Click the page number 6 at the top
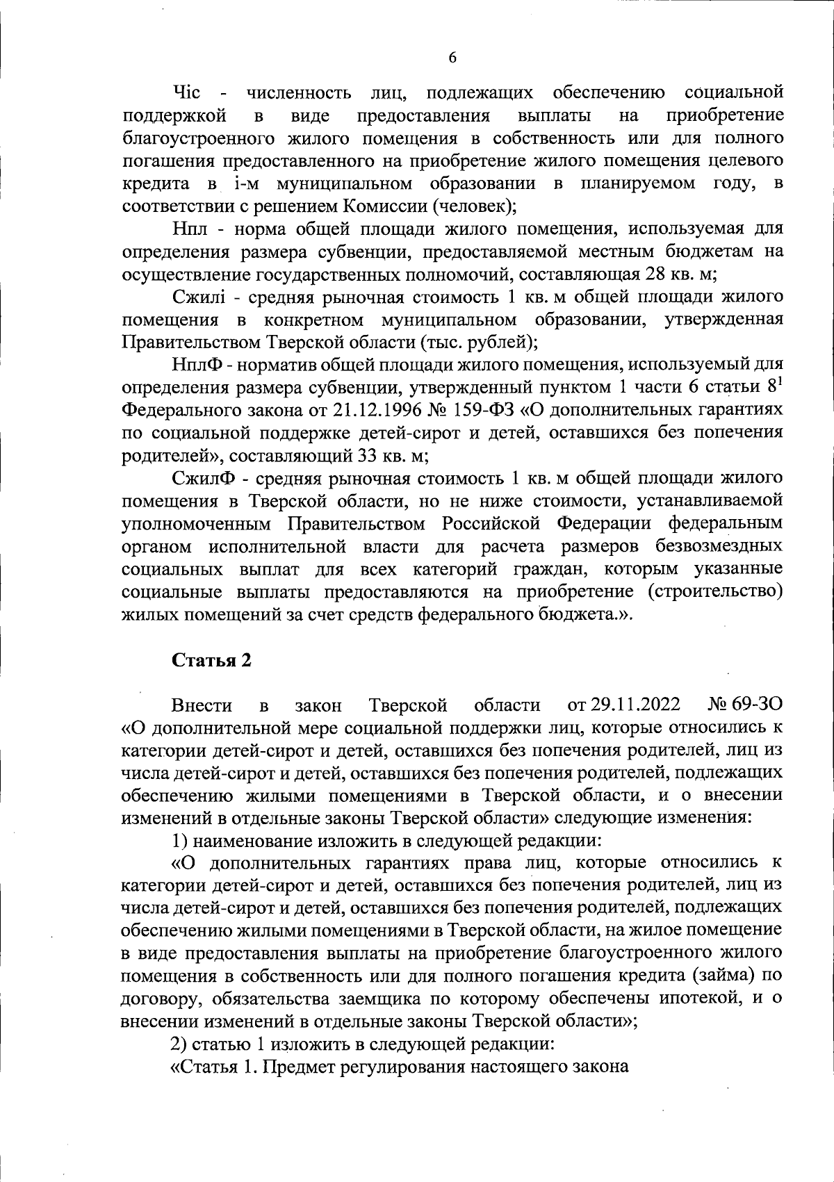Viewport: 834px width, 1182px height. pyautogui.click(x=452, y=58)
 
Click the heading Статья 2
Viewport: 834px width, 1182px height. pyautogui.click(x=211, y=660)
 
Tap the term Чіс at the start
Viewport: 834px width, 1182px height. pyautogui.click(x=186, y=92)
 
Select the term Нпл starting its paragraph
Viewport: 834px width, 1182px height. pyautogui.click(x=188, y=229)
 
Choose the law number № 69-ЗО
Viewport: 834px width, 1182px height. pyautogui.click(x=745, y=705)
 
